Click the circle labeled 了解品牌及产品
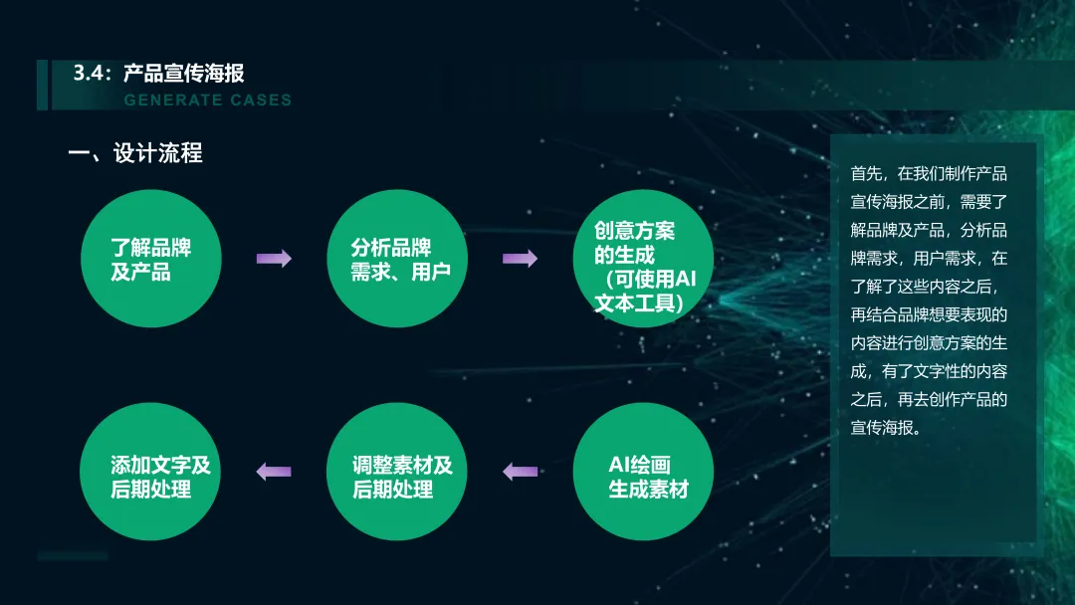[x=149, y=259]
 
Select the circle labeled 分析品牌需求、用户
[x=396, y=259]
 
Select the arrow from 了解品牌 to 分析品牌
[x=274, y=259]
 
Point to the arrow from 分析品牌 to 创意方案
[x=520, y=259]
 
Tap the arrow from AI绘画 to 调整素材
[x=520, y=472]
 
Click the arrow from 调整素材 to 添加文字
[x=274, y=472]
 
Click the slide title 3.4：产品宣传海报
[x=158, y=74]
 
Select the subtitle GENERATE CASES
[x=207, y=100]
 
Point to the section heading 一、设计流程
[x=135, y=153]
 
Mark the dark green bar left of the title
[x=43, y=85]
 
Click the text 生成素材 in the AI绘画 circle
[x=648, y=489]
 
